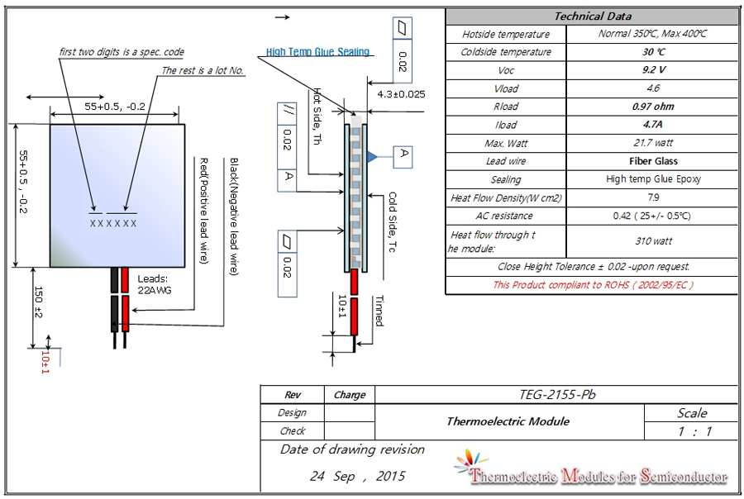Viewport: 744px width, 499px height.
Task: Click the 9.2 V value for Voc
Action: pyautogui.click(x=653, y=70)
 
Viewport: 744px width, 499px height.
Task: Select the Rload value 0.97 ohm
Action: pyautogui.click(x=653, y=107)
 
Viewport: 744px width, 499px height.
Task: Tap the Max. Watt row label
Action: pyautogui.click(x=506, y=143)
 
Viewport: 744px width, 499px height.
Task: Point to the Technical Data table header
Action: pyautogui.click(x=592, y=16)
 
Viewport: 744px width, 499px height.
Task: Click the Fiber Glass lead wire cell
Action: pyautogui.click(x=653, y=161)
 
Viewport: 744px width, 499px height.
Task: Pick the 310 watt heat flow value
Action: pyautogui.click(x=653, y=241)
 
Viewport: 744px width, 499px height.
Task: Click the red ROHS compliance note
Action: pyautogui.click(x=592, y=285)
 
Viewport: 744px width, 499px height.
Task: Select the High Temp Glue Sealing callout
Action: pyautogui.click(x=317, y=52)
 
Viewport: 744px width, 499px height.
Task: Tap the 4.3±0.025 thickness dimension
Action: pyautogui.click(x=400, y=94)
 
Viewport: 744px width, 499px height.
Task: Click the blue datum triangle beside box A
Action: pyautogui.click(x=373, y=155)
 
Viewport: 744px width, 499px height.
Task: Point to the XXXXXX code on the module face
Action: pyautogui.click(x=113, y=223)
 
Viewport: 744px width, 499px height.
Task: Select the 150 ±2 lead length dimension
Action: pyautogui.click(x=38, y=302)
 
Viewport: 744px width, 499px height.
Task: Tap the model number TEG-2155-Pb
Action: pyautogui.click(x=557, y=395)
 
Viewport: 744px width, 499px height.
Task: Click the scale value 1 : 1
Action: pyautogui.click(x=692, y=431)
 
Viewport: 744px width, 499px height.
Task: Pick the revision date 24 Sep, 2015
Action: pyautogui.click(x=358, y=477)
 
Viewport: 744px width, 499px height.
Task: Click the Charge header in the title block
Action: pyautogui.click(x=349, y=395)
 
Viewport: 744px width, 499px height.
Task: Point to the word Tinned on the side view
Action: pyautogui.click(x=379, y=310)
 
